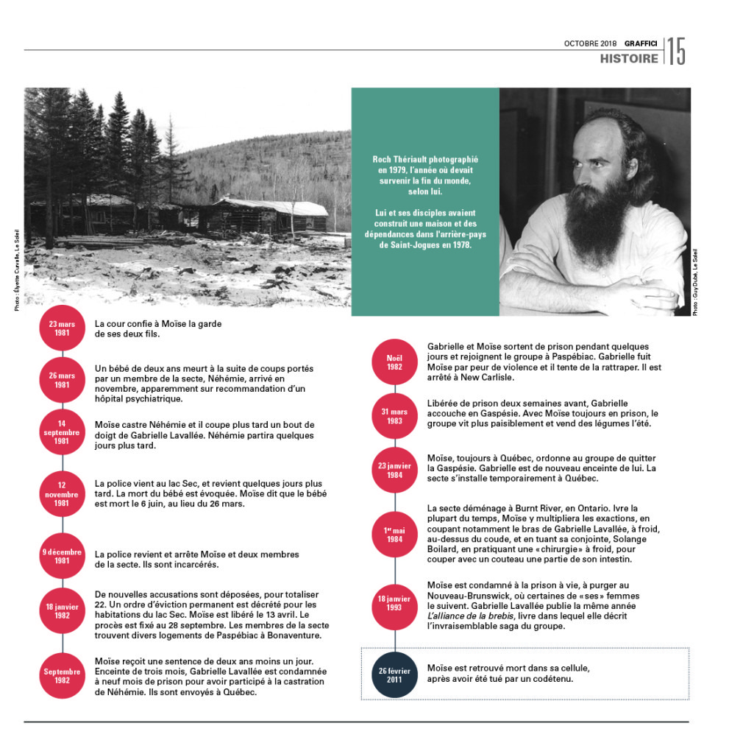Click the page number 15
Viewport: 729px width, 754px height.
coord(677,52)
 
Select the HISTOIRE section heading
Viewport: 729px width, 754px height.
coord(629,58)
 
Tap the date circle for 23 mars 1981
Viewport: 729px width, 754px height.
coord(62,328)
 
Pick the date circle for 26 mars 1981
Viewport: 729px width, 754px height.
coord(62,380)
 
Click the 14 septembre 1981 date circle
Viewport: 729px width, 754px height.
coord(62,432)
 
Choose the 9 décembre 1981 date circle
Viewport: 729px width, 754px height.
coord(62,556)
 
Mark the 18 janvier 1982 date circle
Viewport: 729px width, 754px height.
coord(62,610)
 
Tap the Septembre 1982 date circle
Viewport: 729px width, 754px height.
coord(62,675)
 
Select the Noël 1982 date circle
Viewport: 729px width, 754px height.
coord(394,362)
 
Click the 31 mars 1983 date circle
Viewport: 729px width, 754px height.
coord(394,416)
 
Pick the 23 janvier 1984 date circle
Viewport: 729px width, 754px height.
coord(394,470)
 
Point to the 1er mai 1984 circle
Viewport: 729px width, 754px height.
coord(394,534)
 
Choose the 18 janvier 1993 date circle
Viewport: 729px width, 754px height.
coord(394,604)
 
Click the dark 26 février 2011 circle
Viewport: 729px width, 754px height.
coord(394,674)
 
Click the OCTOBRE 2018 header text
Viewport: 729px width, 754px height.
coord(591,43)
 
